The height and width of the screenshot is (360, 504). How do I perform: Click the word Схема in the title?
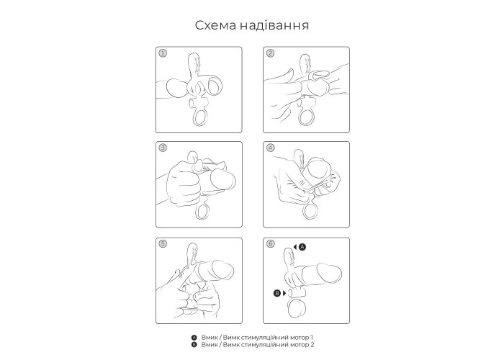click(x=215, y=25)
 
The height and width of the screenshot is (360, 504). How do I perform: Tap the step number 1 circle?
click(x=163, y=53)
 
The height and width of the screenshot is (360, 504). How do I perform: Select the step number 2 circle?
click(x=270, y=53)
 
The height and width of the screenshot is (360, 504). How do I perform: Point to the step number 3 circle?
click(x=163, y=148)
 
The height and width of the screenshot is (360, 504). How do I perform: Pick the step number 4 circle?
click(x=270, y=148)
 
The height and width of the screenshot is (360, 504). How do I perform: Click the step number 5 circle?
click(x=163, y=243)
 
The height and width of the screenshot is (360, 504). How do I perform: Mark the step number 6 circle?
click(x=270, y=243)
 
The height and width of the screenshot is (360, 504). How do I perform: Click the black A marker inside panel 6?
click(x=302, y=247)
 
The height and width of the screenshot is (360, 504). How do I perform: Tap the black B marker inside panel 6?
click(x=276, y=293)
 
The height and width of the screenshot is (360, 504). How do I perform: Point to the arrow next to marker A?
click(x=295, y=247)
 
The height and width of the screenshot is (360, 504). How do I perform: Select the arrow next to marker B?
click(x=284, y=293)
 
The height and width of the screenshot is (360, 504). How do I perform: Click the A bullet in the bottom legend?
click(x=194, y=338)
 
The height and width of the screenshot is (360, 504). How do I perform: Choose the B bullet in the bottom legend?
click(x=194, y=345)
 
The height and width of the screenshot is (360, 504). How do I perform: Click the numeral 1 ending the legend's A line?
click(x=312, y=338)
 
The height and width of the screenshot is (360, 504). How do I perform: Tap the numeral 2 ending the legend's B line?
click(x=312, y=345)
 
